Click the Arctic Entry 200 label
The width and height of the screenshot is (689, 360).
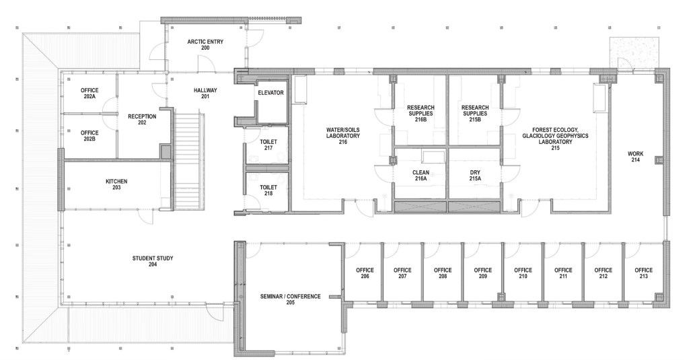[205, 45]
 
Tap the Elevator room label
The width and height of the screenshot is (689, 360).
[270, 93]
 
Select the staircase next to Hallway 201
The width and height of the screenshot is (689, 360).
[188, 161]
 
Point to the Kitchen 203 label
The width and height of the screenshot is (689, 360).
[116, 184]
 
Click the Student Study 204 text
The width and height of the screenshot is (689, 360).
[153, 262]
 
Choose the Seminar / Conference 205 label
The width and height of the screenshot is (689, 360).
[291, 299]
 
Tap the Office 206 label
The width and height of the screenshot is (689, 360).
[365, 273]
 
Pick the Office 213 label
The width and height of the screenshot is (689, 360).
[644, 273]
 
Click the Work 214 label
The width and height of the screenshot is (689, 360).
[635, 157]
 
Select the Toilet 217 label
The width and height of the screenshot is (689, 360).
[268, 145]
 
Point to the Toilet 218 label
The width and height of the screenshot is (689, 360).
[268, 190]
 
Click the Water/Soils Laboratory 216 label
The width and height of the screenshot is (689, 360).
[342, 136]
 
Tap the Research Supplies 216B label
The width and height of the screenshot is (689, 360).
[421, 114]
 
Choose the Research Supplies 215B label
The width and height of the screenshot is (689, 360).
[475, 114]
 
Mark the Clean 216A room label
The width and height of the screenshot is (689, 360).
[421, 176]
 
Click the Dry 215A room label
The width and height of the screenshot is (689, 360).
[475, 176]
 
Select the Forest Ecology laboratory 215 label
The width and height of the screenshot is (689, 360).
[555, 139]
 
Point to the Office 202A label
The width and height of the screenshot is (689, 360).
[89, 93]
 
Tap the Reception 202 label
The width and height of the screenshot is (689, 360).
[142, 120]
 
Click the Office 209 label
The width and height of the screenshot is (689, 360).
[483, 273]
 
